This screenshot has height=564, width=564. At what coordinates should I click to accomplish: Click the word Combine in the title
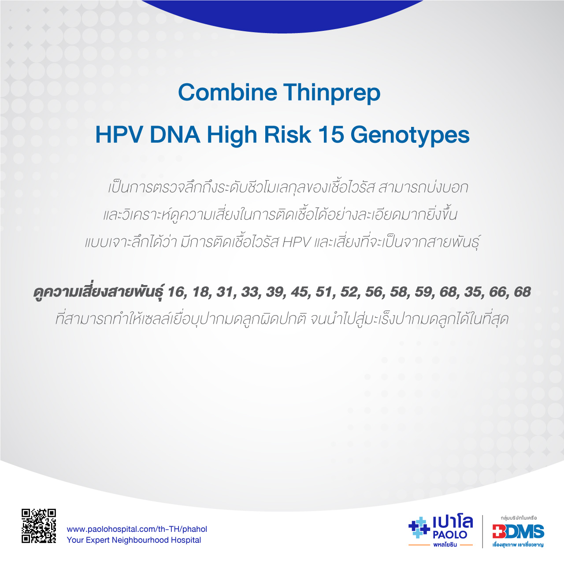point(227,92)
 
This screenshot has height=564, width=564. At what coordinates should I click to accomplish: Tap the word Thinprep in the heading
point(332,93)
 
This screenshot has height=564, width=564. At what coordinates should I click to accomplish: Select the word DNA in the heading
point(175,135)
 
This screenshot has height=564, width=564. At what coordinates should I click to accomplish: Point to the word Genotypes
point(410,136)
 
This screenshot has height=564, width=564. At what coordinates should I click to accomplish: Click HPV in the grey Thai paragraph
point(296,243)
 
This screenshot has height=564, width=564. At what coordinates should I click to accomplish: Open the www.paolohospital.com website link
point(137,529)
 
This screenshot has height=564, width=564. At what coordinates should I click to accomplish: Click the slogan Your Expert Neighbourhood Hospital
point(134,540)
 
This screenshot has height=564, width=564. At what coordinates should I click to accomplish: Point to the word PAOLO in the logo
point(450,535)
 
